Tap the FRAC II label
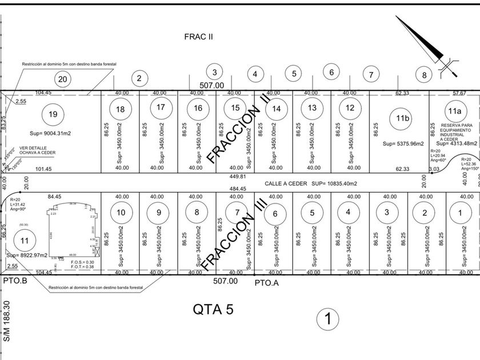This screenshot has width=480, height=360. tap(198, 37)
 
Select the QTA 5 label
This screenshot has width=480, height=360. tap(213, 309)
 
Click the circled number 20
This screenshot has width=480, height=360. tap(63, 79)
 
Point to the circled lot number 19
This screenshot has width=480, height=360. tap(53, 114)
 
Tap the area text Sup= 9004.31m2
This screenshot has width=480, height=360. tap(50, 133)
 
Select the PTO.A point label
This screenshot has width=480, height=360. tap(266, 282)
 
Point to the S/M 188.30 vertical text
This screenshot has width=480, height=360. tap(7, 322)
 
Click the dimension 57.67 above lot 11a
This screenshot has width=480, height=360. tap(459, 93)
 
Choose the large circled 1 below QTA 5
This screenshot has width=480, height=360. tap(328, 318)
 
